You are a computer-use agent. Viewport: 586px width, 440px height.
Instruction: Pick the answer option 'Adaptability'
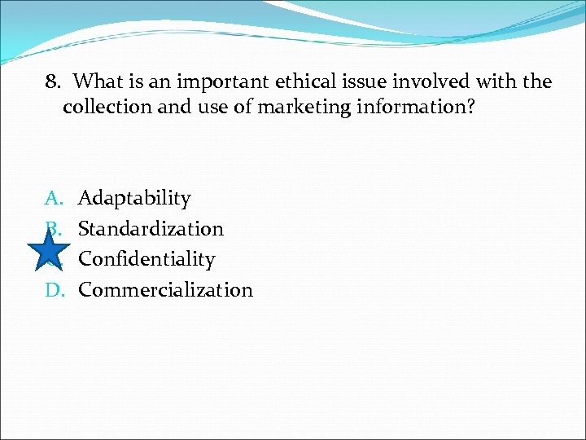click(134, 199)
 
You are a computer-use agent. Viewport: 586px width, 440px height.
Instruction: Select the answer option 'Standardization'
click(151, 229)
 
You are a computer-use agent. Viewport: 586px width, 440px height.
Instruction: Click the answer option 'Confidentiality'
click(146, 259)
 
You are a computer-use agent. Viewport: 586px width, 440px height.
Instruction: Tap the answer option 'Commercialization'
click(165, 289)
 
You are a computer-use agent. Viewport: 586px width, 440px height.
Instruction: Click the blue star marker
click(49, 253)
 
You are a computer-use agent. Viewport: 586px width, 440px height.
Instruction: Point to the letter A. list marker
click(53, 199)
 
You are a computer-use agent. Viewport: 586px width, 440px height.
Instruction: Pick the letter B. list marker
click(53, 229)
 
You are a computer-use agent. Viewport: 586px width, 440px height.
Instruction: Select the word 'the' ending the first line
click(540, 82)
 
